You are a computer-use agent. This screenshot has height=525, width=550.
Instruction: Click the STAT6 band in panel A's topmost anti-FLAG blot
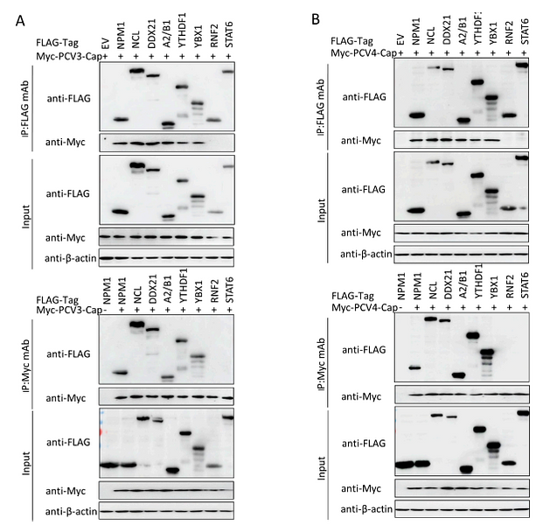pyautogui.click(x=226, y=73)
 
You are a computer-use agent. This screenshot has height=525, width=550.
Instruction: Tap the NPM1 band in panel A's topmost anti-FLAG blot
pyautogui.click(x=122, y=120)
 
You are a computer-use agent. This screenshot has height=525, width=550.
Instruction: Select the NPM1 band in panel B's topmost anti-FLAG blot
pyautogui.click(x=416, y=115)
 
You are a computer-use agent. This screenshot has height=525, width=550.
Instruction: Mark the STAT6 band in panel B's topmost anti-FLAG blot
pyautogui.click(x=522, y=64)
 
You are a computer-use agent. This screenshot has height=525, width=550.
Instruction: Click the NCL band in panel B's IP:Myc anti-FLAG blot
pyautogui.click(x=432, y=319)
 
